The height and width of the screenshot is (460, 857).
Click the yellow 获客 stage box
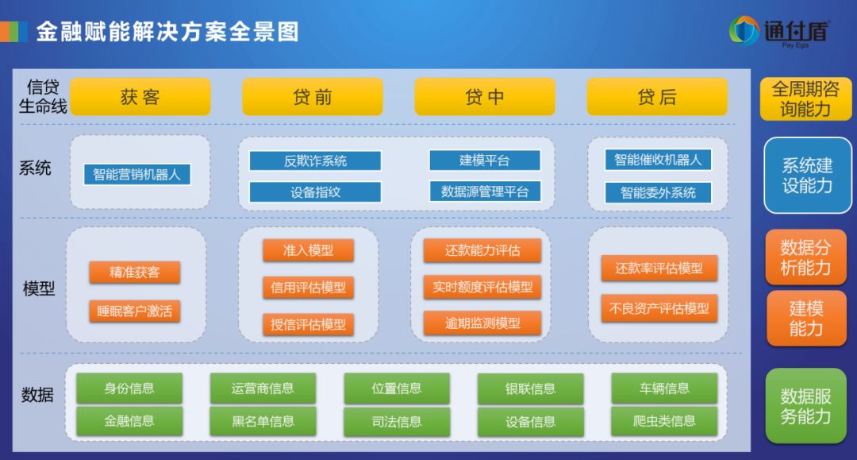140,97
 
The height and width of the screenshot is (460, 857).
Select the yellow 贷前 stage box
313,97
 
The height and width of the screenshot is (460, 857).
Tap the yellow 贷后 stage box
657,97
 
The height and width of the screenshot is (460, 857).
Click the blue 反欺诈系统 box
315,160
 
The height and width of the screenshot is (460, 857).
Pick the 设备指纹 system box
315,192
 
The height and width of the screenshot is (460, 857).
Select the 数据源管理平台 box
485,191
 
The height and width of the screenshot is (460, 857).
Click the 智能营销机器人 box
136,175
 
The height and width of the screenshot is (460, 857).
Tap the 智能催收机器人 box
658,160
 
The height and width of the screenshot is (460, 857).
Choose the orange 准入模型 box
308,250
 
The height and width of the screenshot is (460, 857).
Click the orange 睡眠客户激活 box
134,311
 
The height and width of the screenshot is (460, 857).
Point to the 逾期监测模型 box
482,323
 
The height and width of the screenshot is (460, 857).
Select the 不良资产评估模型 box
659,308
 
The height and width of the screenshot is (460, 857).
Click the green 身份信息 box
129,388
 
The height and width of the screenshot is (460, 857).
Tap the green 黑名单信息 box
263,421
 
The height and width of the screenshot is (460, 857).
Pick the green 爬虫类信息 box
664,421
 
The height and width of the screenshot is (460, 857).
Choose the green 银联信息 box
530,388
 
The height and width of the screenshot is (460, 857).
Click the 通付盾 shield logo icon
744,30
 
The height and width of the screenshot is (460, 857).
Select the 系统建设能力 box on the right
807,175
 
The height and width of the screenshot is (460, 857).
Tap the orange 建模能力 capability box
806,319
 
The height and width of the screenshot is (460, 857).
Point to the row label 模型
39,288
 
